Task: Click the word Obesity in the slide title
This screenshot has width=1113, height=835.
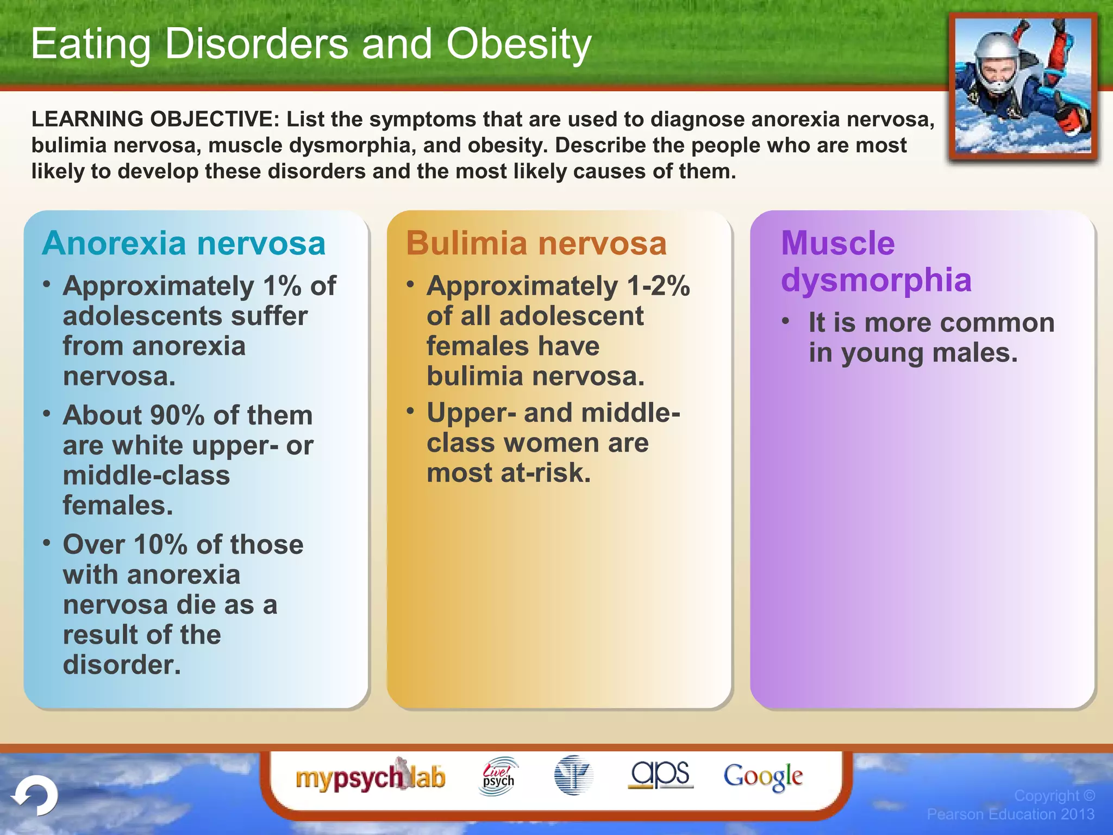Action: tap(518, 45)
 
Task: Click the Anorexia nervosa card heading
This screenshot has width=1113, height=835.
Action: tap(184, 243)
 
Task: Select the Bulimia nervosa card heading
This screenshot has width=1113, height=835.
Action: tap(536, 243)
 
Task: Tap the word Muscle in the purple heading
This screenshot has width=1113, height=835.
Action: tap(837, 243)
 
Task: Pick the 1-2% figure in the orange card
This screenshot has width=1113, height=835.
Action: tap(658, 286)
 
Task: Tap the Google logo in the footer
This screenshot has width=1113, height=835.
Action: tap(762, 776)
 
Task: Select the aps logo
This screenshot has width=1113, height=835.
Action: tap(660, 774)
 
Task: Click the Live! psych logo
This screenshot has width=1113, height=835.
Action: tap(498, 776)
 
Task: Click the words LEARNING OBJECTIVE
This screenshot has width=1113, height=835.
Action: tap(155, 119)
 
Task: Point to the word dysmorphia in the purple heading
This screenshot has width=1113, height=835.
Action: tap(876, 281)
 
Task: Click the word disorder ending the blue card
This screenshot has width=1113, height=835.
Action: tap(121, 665)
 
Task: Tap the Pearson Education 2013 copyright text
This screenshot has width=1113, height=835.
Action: tap(1010, 814)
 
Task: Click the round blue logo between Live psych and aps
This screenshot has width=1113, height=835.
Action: tap(573, 775)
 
